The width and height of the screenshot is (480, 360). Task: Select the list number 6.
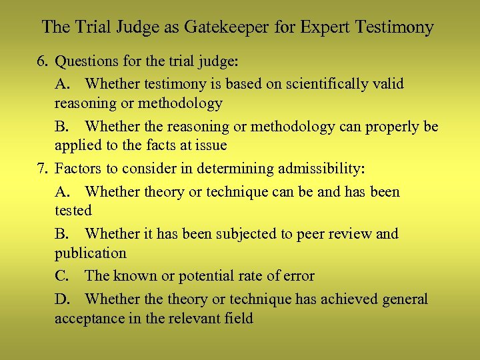43,62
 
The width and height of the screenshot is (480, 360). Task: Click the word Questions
86,62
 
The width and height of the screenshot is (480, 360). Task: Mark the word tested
73,210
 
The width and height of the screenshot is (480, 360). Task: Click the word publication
90,253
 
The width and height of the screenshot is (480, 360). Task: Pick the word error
298,276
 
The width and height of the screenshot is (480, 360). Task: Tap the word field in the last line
239,319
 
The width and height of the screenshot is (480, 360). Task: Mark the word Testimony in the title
396,27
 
